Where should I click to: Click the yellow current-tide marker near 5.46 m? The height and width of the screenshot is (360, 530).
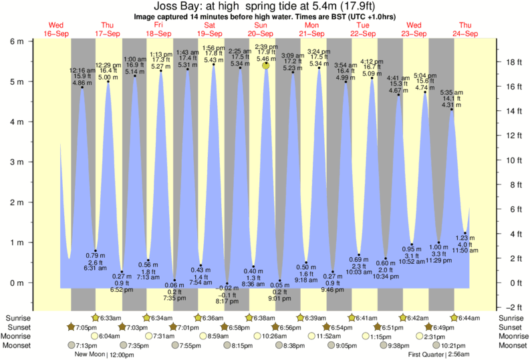[266, 65]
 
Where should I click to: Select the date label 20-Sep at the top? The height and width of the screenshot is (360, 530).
[261, 33]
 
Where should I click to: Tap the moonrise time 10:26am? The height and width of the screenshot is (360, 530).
[268, 336]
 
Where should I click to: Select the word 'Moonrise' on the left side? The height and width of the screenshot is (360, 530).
[18, 336]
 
